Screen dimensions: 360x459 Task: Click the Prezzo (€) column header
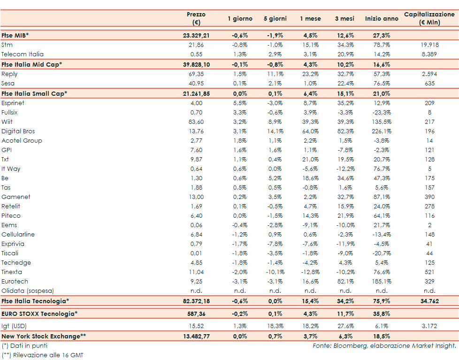(x=196, y=18)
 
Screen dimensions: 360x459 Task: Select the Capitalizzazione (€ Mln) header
(x=429, y=18)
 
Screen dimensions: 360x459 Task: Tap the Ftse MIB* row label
(x=15, y=35)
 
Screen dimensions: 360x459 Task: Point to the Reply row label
(x=9, y=74)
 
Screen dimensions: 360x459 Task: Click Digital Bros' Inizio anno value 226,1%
(x=381, y=131)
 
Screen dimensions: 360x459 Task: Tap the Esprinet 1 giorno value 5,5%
(x=240, y=103)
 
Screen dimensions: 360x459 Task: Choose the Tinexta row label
(x=12, y=272)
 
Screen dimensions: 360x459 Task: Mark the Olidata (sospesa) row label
(x=28, y=291)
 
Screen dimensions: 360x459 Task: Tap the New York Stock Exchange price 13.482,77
(x=196, y=336)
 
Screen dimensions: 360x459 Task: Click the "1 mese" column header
(x=311, y=19)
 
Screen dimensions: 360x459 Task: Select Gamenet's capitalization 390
(x=429, y=197)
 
